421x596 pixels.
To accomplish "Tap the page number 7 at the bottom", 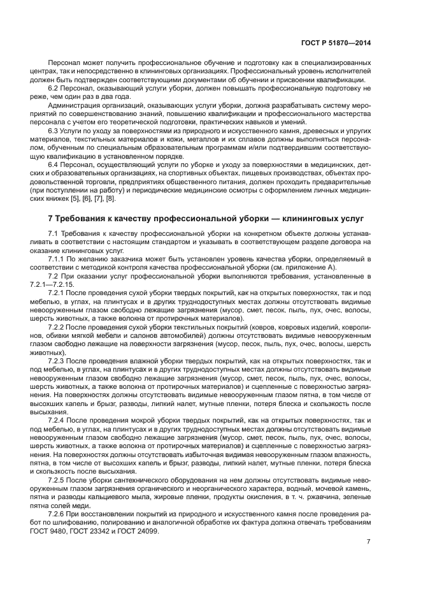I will coord(369,541).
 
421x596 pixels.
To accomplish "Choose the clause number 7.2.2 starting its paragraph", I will coord(57,326).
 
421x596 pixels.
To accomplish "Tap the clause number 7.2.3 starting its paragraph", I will coord(57,360).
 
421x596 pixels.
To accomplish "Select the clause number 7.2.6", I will coord(57,514).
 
